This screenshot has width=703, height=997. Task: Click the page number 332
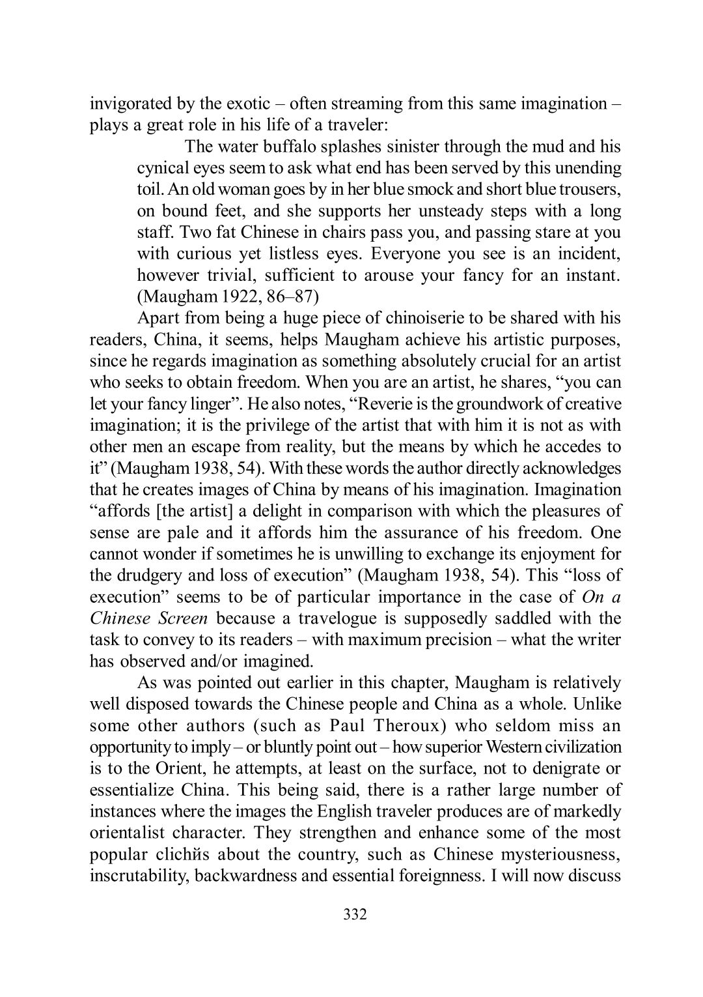click(355, 915)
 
